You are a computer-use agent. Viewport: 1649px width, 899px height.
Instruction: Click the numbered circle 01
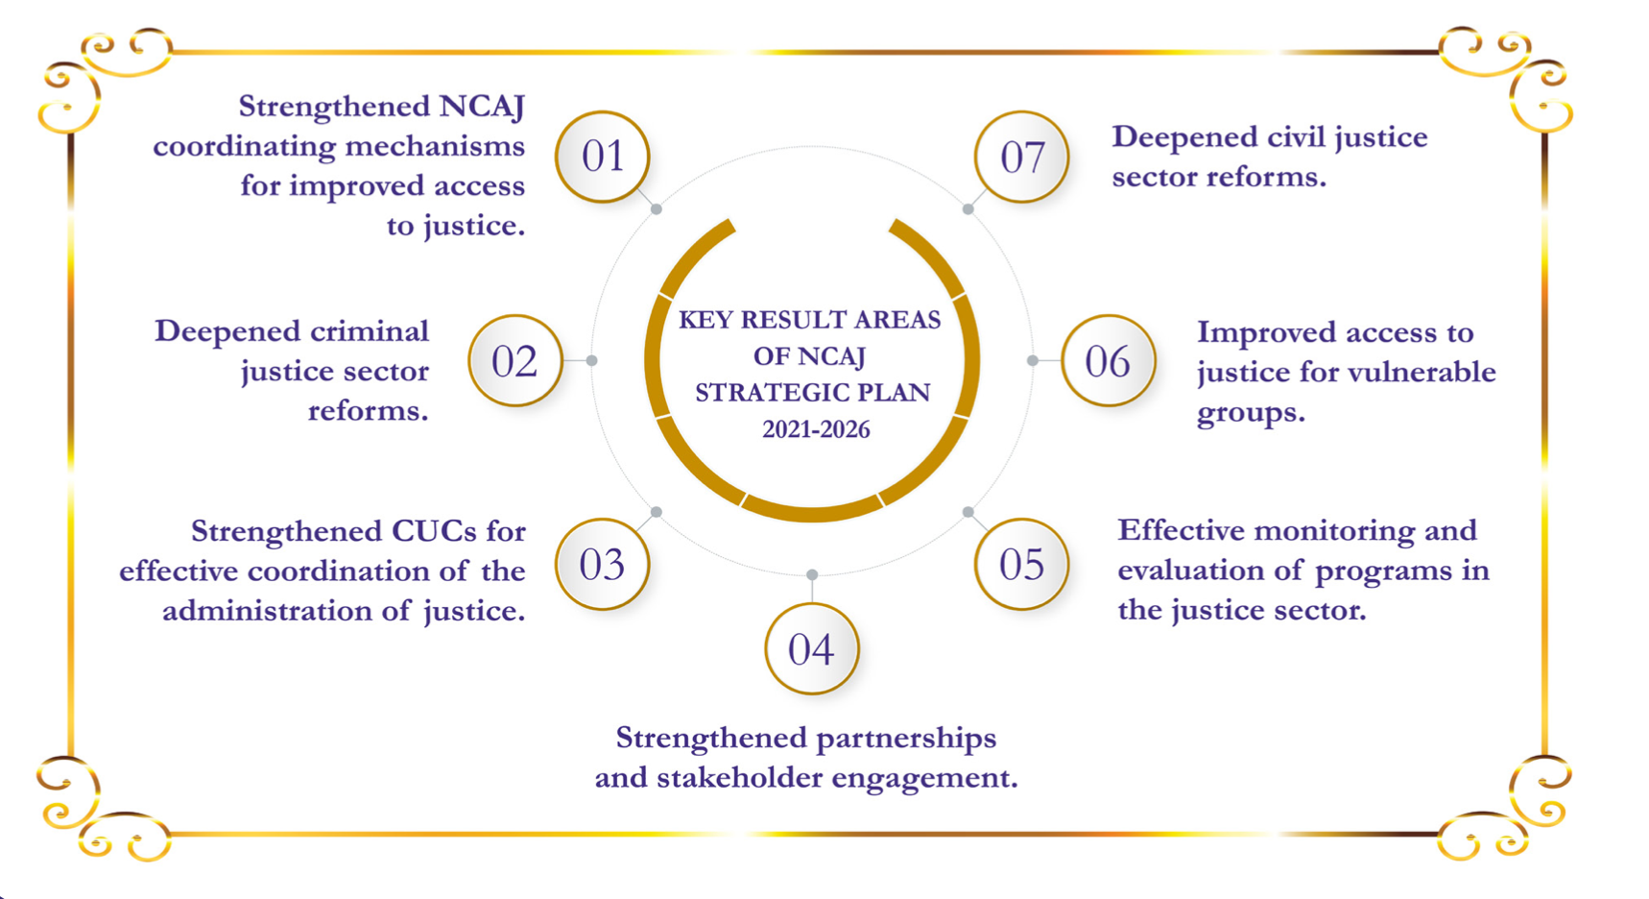603,157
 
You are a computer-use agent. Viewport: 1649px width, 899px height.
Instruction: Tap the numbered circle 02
515,361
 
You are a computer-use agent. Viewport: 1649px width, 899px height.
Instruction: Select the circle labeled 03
603,565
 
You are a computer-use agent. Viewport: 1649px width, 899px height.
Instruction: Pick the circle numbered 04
812,649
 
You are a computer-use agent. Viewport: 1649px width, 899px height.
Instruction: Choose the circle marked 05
1021,565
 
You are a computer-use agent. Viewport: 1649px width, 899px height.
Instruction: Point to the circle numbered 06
1109,361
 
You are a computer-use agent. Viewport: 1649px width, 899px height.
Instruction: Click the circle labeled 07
1021,157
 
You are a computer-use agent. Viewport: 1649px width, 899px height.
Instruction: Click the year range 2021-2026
816,429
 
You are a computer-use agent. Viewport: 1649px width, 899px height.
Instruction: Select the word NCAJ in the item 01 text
482,106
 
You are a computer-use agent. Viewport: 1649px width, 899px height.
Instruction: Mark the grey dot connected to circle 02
592,360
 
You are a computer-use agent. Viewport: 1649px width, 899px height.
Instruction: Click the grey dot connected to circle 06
1033,360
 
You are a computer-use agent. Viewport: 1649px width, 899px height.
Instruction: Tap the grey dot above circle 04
812,574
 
